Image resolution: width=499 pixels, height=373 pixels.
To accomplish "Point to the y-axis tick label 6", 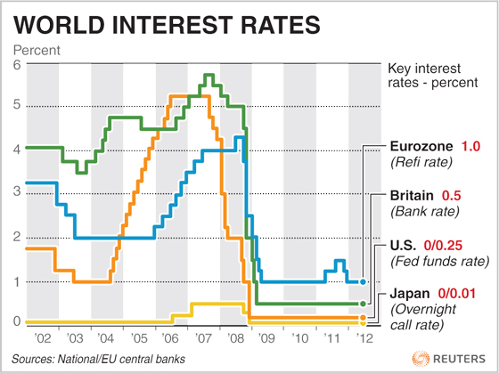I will [x=16, y=64].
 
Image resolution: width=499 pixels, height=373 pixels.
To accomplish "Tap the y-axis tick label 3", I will [x=16, y=192].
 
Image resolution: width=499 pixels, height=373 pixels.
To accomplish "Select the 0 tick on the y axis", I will [x=16, y=320].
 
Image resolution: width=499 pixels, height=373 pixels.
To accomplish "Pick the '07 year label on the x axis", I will [x=203, y=339].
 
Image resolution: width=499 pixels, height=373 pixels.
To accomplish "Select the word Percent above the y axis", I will [x=36, y=49].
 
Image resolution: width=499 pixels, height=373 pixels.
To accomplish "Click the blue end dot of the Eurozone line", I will [x=363, y=281].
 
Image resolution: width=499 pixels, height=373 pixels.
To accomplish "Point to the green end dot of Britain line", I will [x=363, y=304].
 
